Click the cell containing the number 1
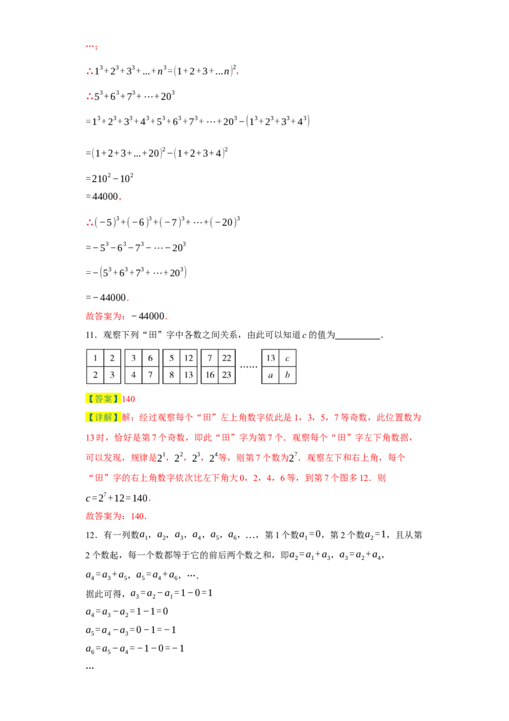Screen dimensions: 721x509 [x=95, y=358]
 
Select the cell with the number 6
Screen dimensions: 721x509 [x=150, y=358]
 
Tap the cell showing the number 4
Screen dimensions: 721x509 [x=134, y=375]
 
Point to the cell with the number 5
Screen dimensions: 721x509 [x=172, y=358]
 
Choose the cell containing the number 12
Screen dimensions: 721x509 [x=188, y=358]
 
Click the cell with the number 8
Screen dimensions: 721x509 [x=172, y=375]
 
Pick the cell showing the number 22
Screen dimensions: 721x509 [x=227, y=358]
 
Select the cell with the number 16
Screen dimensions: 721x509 [x=210, y=375]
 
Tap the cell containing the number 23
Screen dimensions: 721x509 [x=227, y=375]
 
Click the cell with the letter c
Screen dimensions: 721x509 [x=288, y=358]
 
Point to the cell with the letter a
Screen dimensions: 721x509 [x=270, y=375]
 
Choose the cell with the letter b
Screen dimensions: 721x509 [x=288, y=375]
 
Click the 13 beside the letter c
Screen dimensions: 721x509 [x=270, y=358]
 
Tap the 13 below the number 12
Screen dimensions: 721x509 [x=188, y=375]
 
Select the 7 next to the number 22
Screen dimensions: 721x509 [x=210, y=358]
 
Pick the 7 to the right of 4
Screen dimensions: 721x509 [x=150, y=375]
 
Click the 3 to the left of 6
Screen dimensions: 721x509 [x=134, y=358]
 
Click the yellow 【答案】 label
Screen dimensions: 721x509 [x=102, y=399]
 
